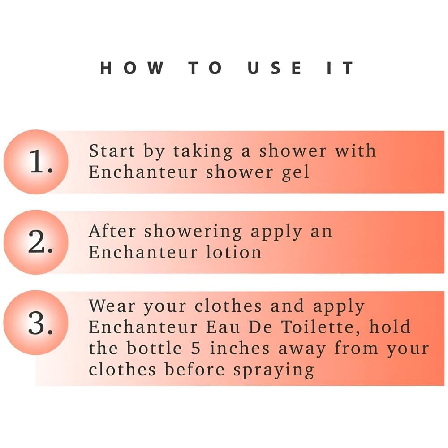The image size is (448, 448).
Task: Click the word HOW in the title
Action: (x=132, y=68)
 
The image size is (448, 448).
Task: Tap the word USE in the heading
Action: (x=274, y=68)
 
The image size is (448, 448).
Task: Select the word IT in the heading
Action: (x=340, y=68)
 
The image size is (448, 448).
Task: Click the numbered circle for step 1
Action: (x=36, y=162)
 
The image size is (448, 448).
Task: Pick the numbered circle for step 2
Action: (x=36, y=242)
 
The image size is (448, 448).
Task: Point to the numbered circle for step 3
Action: (x=36, y=323)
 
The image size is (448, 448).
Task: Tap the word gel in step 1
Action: (x=295, y=173)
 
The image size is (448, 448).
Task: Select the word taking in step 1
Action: (x=203, y=151)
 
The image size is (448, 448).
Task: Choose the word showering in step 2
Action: (x=193, y=232)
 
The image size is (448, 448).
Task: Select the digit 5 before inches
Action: (x=196, y=349)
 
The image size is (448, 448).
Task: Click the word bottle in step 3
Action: (x=154, y=348)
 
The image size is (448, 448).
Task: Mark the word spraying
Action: (x=274, y=370)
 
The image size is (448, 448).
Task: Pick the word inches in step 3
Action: (x=240, y=348)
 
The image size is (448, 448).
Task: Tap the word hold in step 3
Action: (x=390, y=327)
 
